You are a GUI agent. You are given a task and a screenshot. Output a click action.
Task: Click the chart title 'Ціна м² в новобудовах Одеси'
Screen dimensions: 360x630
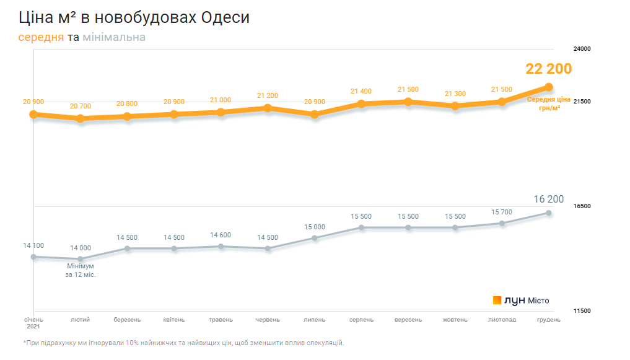(x=134, y=17)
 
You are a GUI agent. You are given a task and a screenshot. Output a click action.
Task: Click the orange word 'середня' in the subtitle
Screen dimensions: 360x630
(x=41, y=37)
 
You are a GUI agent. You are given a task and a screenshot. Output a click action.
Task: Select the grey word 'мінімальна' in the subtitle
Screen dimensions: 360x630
(x=114, y=37)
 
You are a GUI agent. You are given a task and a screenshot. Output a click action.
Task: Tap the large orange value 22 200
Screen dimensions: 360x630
(x=548, y=69)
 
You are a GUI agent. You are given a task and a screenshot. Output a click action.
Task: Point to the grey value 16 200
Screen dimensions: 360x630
(x=549, y=199)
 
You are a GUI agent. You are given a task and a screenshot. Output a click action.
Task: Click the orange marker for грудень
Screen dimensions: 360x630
(x=549, y=87)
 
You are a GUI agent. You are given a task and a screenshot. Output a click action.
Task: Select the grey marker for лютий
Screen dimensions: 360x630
(x=81, y=259)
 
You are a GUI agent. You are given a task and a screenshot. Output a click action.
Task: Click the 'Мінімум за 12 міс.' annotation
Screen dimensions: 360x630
(x=81, y=270)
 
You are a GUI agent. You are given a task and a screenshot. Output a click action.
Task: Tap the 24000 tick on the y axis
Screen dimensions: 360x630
(x=583, y=49)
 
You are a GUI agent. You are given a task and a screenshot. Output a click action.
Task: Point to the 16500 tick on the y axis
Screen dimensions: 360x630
(x=583, y=206)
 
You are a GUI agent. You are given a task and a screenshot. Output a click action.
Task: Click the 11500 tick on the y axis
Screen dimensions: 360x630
(x=583, y=311)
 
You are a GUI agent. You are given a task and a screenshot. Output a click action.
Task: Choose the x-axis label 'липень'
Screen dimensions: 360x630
(x=315, y=320)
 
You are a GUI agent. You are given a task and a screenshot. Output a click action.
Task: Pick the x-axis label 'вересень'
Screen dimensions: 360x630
(x=408, y=320)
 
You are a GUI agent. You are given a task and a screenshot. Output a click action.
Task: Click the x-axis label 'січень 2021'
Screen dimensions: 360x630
(x=33, y=323)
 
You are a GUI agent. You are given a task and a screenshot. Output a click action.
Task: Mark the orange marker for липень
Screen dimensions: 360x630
(x=315, y=115)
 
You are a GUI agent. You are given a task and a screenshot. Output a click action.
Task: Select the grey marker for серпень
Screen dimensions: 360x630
(x=361, y=228)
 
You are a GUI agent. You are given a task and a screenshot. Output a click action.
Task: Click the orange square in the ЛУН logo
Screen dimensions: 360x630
(x=497, y=301)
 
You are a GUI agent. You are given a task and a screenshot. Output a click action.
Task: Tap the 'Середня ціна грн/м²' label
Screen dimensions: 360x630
(x=548, y=103)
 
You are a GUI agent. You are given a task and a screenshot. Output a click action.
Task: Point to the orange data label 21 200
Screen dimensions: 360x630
(x=268, y=95)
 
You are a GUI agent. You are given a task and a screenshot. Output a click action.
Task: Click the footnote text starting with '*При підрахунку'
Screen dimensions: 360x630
(x=183, y=343)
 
